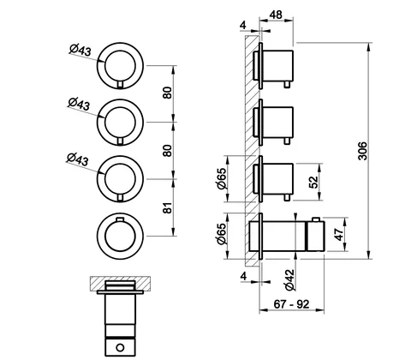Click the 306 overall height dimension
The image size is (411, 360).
pyautogui.click(x=362, y=151)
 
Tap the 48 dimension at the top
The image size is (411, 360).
pyautogui.click(x=276, y=15)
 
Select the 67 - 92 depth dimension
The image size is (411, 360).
pyautogui.click(x=291, y=304)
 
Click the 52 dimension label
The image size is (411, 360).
pyautogui.click(x=313, y=182)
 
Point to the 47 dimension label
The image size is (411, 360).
pyautogui.click(x=338, y=234)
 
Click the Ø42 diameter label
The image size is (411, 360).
pyautogui.click(x=289, y=280)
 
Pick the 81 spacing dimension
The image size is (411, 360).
pyautogui.click(x=168, y=207)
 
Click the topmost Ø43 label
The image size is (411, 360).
pyautogui.click(x=80, y=51)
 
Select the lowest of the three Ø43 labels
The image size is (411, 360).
pyautogui.click(x=78, y=159)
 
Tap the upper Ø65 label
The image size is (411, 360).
pyautogui.click(x=222, y=178)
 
